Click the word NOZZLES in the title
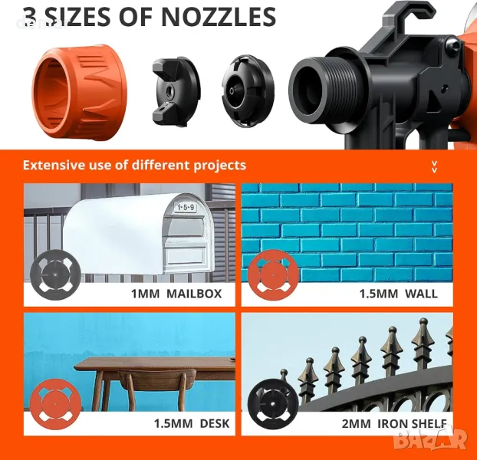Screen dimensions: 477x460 pyautogui.click(x=219, y=17)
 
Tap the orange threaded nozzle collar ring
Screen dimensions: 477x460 pyautogui.click(x=80, y=92)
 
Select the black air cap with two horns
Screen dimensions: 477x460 pyautogui.click(x=176, y=92)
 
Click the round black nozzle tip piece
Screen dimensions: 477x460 pyautogui.click(x=248, y=91)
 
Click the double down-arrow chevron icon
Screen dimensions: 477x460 pyautogui.click(x=434, y=167)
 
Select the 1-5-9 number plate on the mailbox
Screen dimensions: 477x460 pyautogui.click(x=186, y=207)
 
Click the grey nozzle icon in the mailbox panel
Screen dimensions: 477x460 pyautogui.click(x=55, y=274)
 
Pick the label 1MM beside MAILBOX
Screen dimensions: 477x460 pyautogui.click(x=145, y=294)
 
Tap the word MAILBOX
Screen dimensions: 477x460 pyautogui.click(x=194, y=294)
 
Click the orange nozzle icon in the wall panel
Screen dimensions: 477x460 pyautogui.click(x=273, y=275)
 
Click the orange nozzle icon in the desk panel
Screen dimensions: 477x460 pyautogui.click(x=55, y=404)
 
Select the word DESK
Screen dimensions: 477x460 pyautogui.click(x=215, y=423)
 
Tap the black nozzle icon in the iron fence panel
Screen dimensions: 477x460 pyautogui.click(x=273, y=404)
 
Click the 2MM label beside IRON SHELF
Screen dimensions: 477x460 pyautogui.click(x=357, y=423)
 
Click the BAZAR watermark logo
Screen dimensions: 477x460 pyautogui.click(x=430, y=439)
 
